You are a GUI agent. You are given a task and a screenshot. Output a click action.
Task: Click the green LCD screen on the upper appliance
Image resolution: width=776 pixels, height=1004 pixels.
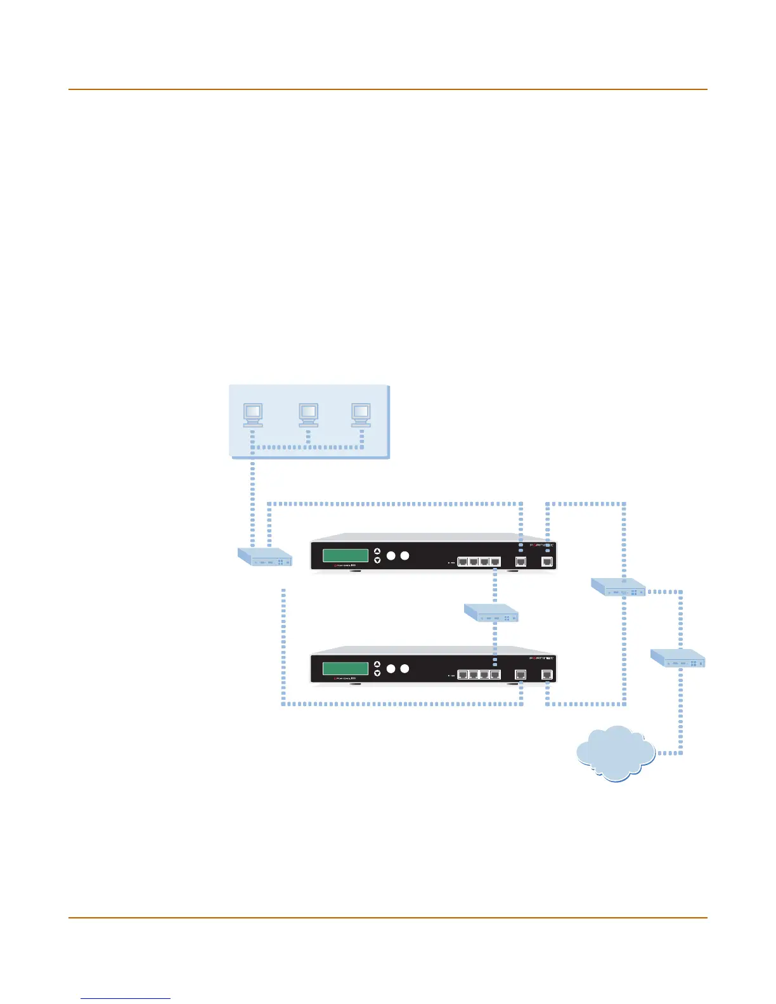[x=346, y=556]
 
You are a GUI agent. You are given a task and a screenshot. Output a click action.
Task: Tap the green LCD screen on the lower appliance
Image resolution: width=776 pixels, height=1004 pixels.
[x=346, y=669]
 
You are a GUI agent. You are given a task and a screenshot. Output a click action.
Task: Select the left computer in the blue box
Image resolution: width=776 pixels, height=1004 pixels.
[x=253, y=415]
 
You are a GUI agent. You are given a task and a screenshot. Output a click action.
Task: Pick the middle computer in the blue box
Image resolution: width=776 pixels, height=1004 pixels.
[x=309, y=415]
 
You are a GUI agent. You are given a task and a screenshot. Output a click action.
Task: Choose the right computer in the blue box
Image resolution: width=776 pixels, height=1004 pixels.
[x=361, y=415]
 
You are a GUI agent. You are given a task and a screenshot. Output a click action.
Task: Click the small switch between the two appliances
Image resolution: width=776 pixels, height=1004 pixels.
[x=491, y=613]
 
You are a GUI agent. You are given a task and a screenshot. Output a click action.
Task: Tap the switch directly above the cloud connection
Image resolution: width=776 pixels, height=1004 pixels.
[x=678, y=658]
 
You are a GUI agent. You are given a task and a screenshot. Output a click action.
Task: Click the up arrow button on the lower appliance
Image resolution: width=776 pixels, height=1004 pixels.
[x=377, y=664]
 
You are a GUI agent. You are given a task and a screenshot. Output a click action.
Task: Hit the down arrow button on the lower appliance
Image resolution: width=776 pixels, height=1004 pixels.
[x=377, y=673]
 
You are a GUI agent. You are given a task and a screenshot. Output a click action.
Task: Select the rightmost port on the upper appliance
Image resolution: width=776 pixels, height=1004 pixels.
[x=547, y=562]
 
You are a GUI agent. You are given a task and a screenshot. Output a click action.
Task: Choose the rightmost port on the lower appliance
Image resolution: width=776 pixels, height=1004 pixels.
[x=547, y=675]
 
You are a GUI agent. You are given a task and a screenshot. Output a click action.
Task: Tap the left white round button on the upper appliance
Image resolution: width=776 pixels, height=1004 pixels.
[x=391, y=556]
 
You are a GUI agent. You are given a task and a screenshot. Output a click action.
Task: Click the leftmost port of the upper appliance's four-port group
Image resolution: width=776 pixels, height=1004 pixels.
[x=463, y=562]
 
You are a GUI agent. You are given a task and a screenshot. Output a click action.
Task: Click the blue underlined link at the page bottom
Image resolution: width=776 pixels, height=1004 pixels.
[x=126, y=998]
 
